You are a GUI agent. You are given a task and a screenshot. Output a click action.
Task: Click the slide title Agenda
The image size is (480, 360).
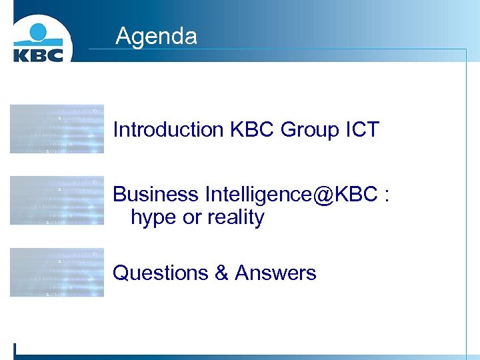tap(156, 36)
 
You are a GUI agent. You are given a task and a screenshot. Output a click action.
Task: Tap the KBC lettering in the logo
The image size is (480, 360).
tap(38, 54)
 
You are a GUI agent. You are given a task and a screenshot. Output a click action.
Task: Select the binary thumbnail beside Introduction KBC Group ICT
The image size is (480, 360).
tap(57, 129)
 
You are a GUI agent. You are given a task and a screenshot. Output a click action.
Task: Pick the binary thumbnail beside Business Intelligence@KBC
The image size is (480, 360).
tap(57, 200)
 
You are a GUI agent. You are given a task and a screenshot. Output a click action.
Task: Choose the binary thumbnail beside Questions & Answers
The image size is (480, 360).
tap(57, 272)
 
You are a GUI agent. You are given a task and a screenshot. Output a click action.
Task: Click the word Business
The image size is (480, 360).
tap(156, 194)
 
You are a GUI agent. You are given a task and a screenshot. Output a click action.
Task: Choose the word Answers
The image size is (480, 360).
tap(275, 273)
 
